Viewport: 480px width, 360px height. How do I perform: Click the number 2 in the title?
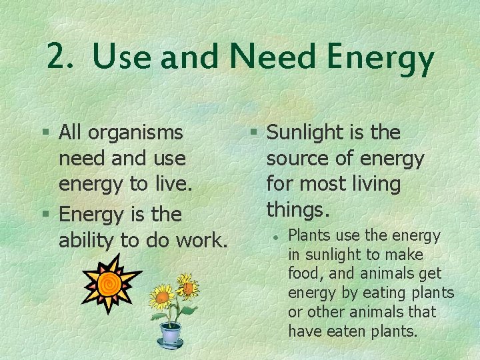point(57,57)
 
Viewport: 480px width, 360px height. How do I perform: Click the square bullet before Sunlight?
point(254,133)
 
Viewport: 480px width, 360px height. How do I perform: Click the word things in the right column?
point(297,210)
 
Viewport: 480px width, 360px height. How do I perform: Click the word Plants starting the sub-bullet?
point(309,235)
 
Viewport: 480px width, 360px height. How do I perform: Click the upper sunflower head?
point(187,287)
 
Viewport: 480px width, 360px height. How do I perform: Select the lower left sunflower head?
point(161,296)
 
